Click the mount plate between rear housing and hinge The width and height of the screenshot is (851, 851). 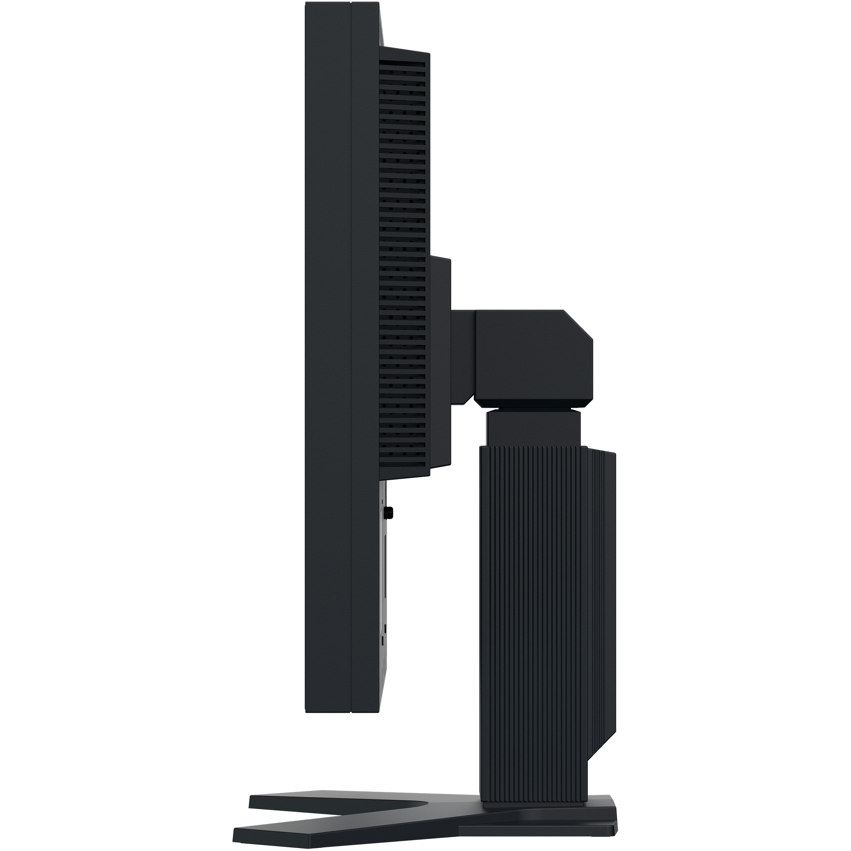pyautogui.click(x=440, y=361)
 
